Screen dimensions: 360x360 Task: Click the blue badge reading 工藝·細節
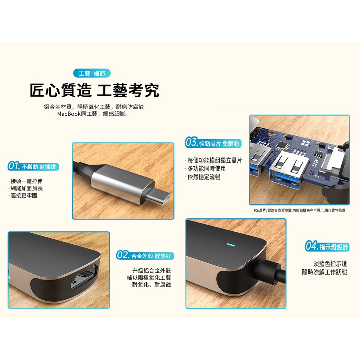[x=92, y=73]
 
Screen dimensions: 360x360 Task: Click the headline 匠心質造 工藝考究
[x=94, y=90]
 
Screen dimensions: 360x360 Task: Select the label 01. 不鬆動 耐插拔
[x=33, y=166]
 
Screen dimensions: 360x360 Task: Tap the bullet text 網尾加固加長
[x=27, y=188]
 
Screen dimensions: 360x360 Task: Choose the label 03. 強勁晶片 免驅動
[x=213, y=143]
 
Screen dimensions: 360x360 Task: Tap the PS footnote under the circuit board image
[x=300, y=211]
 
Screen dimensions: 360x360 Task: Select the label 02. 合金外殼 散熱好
[x=145, y=255]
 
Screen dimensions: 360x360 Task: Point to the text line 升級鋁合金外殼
[x=152, y=271]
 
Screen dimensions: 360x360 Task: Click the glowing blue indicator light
[x=231, y=245]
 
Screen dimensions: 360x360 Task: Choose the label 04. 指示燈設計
[x=327, y=246]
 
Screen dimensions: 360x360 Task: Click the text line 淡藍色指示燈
[x=330, y=264]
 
